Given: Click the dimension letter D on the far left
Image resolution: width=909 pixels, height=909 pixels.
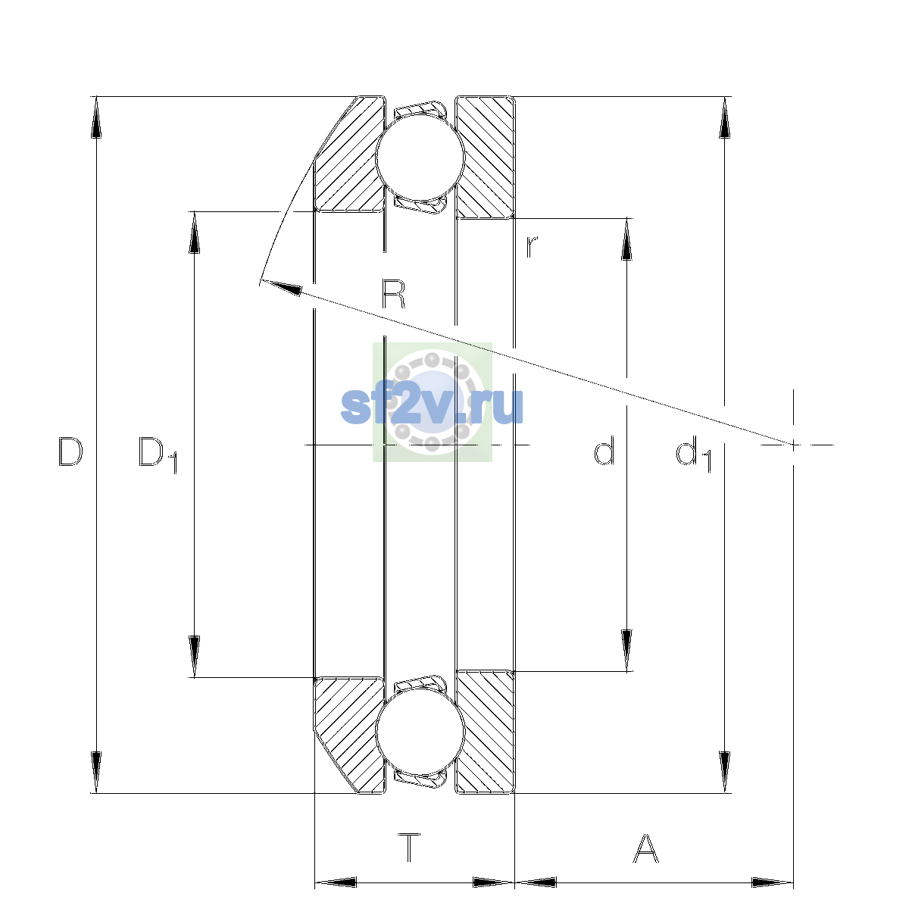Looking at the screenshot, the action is (70, 451).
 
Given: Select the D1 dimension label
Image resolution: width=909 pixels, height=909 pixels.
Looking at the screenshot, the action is (158, 454).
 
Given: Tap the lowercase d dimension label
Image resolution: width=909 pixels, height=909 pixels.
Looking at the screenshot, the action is (604, 451).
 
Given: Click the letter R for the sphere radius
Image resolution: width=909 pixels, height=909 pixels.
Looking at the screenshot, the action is (393, 294).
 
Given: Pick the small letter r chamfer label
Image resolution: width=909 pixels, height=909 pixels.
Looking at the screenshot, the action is (532, 247).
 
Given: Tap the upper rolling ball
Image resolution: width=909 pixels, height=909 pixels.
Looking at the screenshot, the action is (420, 157).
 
